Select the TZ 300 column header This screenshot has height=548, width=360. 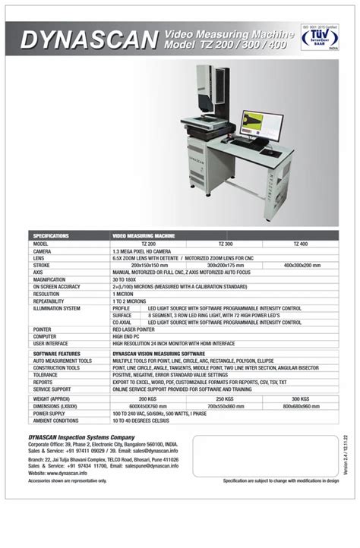tap(225, 243)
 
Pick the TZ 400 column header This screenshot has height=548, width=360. tap(301, 243)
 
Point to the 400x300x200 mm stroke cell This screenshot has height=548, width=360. tap(301, 264)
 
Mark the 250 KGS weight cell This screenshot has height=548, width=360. tap(225, 398)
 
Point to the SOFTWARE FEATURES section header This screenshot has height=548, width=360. tap(57, 354)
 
